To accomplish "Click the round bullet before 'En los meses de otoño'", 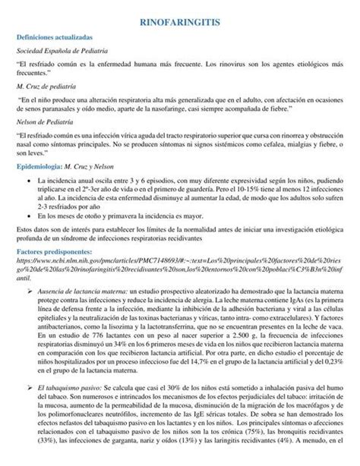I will coord(29,214).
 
